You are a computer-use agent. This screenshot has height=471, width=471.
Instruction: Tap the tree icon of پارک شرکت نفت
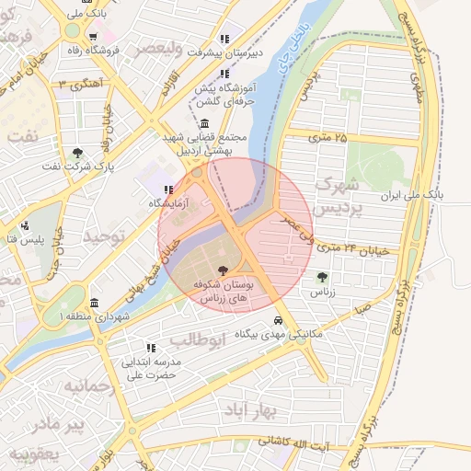[x=78, y=153]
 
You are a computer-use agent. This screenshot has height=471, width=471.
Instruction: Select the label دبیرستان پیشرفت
[x=225, y=52]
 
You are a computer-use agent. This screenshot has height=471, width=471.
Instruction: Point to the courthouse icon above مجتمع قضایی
[x=203, y=124]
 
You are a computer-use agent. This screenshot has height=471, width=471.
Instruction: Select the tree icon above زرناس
[x=321, y=277]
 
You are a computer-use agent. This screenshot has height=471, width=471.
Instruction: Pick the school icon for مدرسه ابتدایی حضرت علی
[x=151, y=348]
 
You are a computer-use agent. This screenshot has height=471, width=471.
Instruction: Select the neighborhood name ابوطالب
[x=198, y=339]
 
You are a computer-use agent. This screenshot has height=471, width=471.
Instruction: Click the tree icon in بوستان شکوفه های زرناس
[x=223, y=270]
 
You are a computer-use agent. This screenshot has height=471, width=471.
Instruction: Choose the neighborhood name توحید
[x=102, y=237]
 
